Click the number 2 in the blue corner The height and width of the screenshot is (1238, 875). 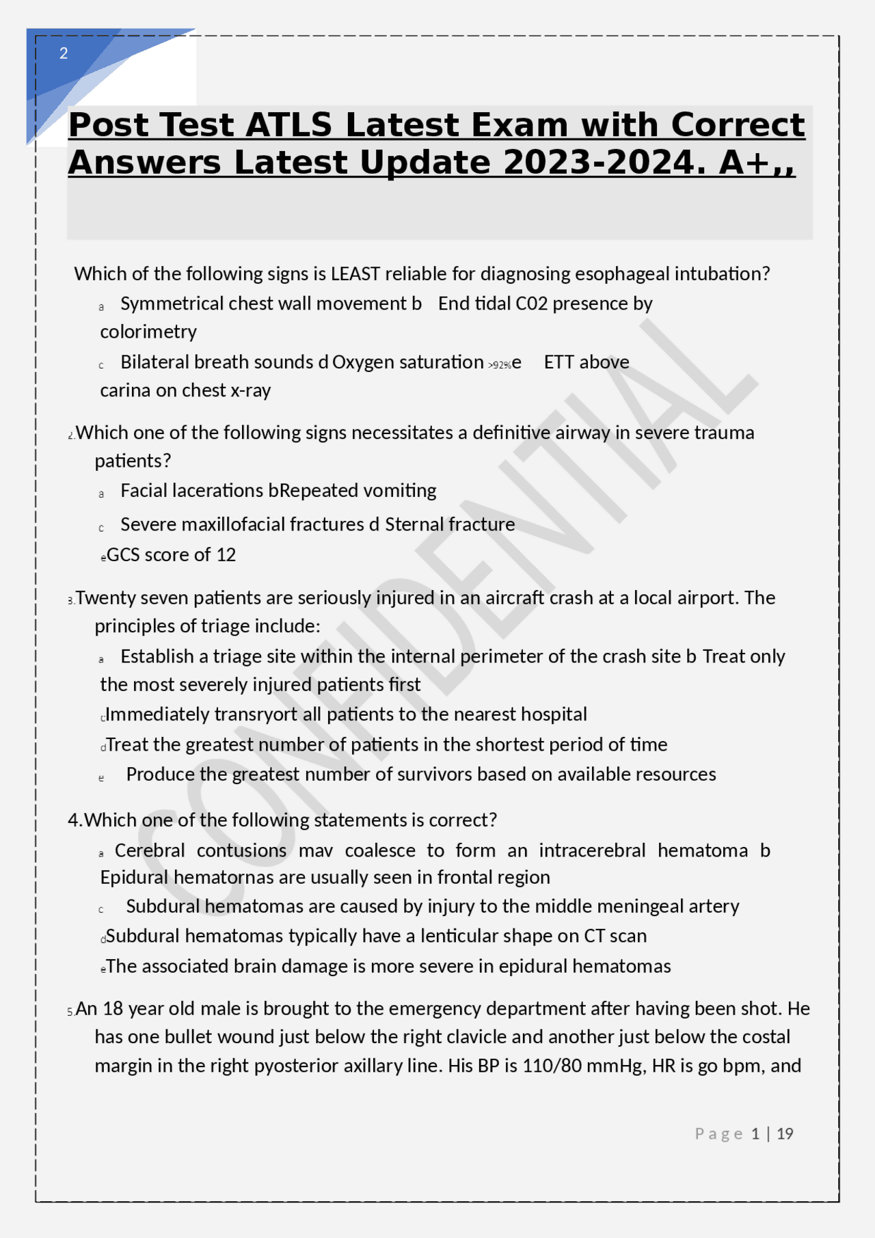coord(64,53)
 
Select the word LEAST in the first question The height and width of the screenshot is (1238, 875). coord(355,274)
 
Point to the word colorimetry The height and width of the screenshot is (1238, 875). coord(148,332)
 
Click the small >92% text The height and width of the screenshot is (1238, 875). coord(500,365)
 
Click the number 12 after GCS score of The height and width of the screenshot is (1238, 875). coord(226,555)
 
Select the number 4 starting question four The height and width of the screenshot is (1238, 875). coord(73,820)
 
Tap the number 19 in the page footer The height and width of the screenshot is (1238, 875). coord(785,1134)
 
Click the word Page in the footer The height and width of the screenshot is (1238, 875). coord(718,1134)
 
